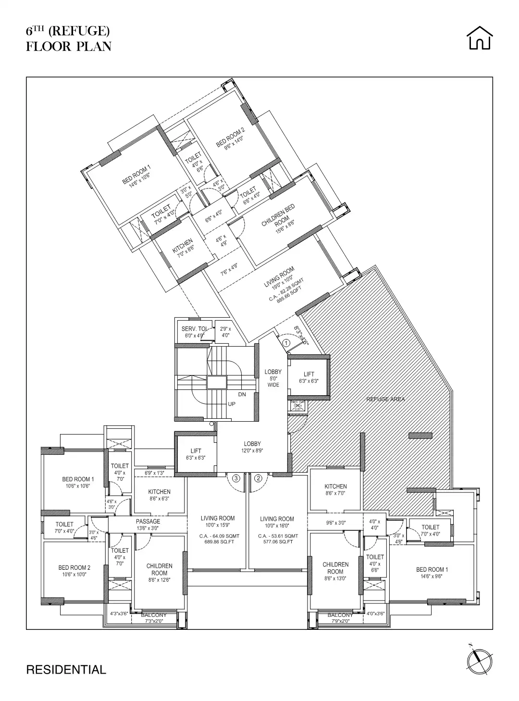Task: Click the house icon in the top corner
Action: pos(480,38)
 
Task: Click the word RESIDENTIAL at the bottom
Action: pos(66,669)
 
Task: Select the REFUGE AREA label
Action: pos(385,399)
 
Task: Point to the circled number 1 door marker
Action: pos(286,343)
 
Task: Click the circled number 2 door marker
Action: pos(258,478)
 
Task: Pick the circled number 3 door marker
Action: pos(236,478)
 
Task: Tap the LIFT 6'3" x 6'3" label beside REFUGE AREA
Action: pos(309,377)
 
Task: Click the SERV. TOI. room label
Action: pos(195,332)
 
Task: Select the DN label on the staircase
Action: pos(242,394)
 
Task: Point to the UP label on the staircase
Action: pos(232,404)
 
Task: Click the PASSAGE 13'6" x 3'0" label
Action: pos(148,525)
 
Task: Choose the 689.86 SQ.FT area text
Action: pos(218,542)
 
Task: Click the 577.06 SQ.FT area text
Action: pos(277,542)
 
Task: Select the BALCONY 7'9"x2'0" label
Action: pos(340,618)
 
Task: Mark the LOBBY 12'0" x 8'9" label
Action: pos(252,447)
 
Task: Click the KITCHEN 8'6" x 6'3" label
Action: pos(159,495)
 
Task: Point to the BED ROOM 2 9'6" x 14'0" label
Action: pos(231,139)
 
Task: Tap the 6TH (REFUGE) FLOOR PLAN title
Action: pos(68,39)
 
